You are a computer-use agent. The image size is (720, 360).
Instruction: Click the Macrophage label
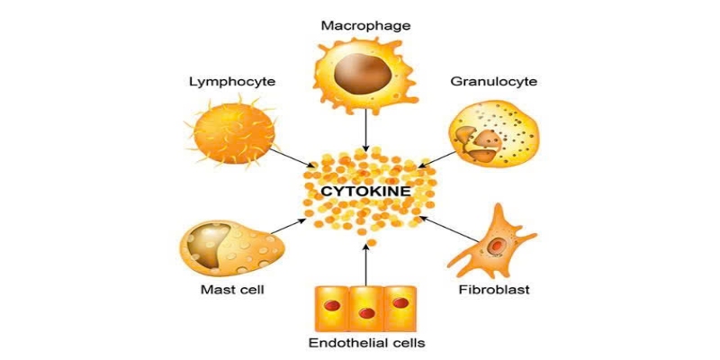pos(365,25)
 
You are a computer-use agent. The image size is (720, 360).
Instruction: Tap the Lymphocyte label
pos(231,82)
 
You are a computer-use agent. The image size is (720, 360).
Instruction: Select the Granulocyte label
pos(494,82)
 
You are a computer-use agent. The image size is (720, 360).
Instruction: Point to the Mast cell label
pos(231,290)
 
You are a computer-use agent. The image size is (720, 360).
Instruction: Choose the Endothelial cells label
pos(366,343)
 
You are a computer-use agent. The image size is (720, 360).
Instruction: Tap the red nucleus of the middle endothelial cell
pos(366,313)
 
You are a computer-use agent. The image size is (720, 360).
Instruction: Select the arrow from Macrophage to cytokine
pos(365,131)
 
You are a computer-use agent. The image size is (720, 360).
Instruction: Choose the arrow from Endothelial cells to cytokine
pos(365,265)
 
